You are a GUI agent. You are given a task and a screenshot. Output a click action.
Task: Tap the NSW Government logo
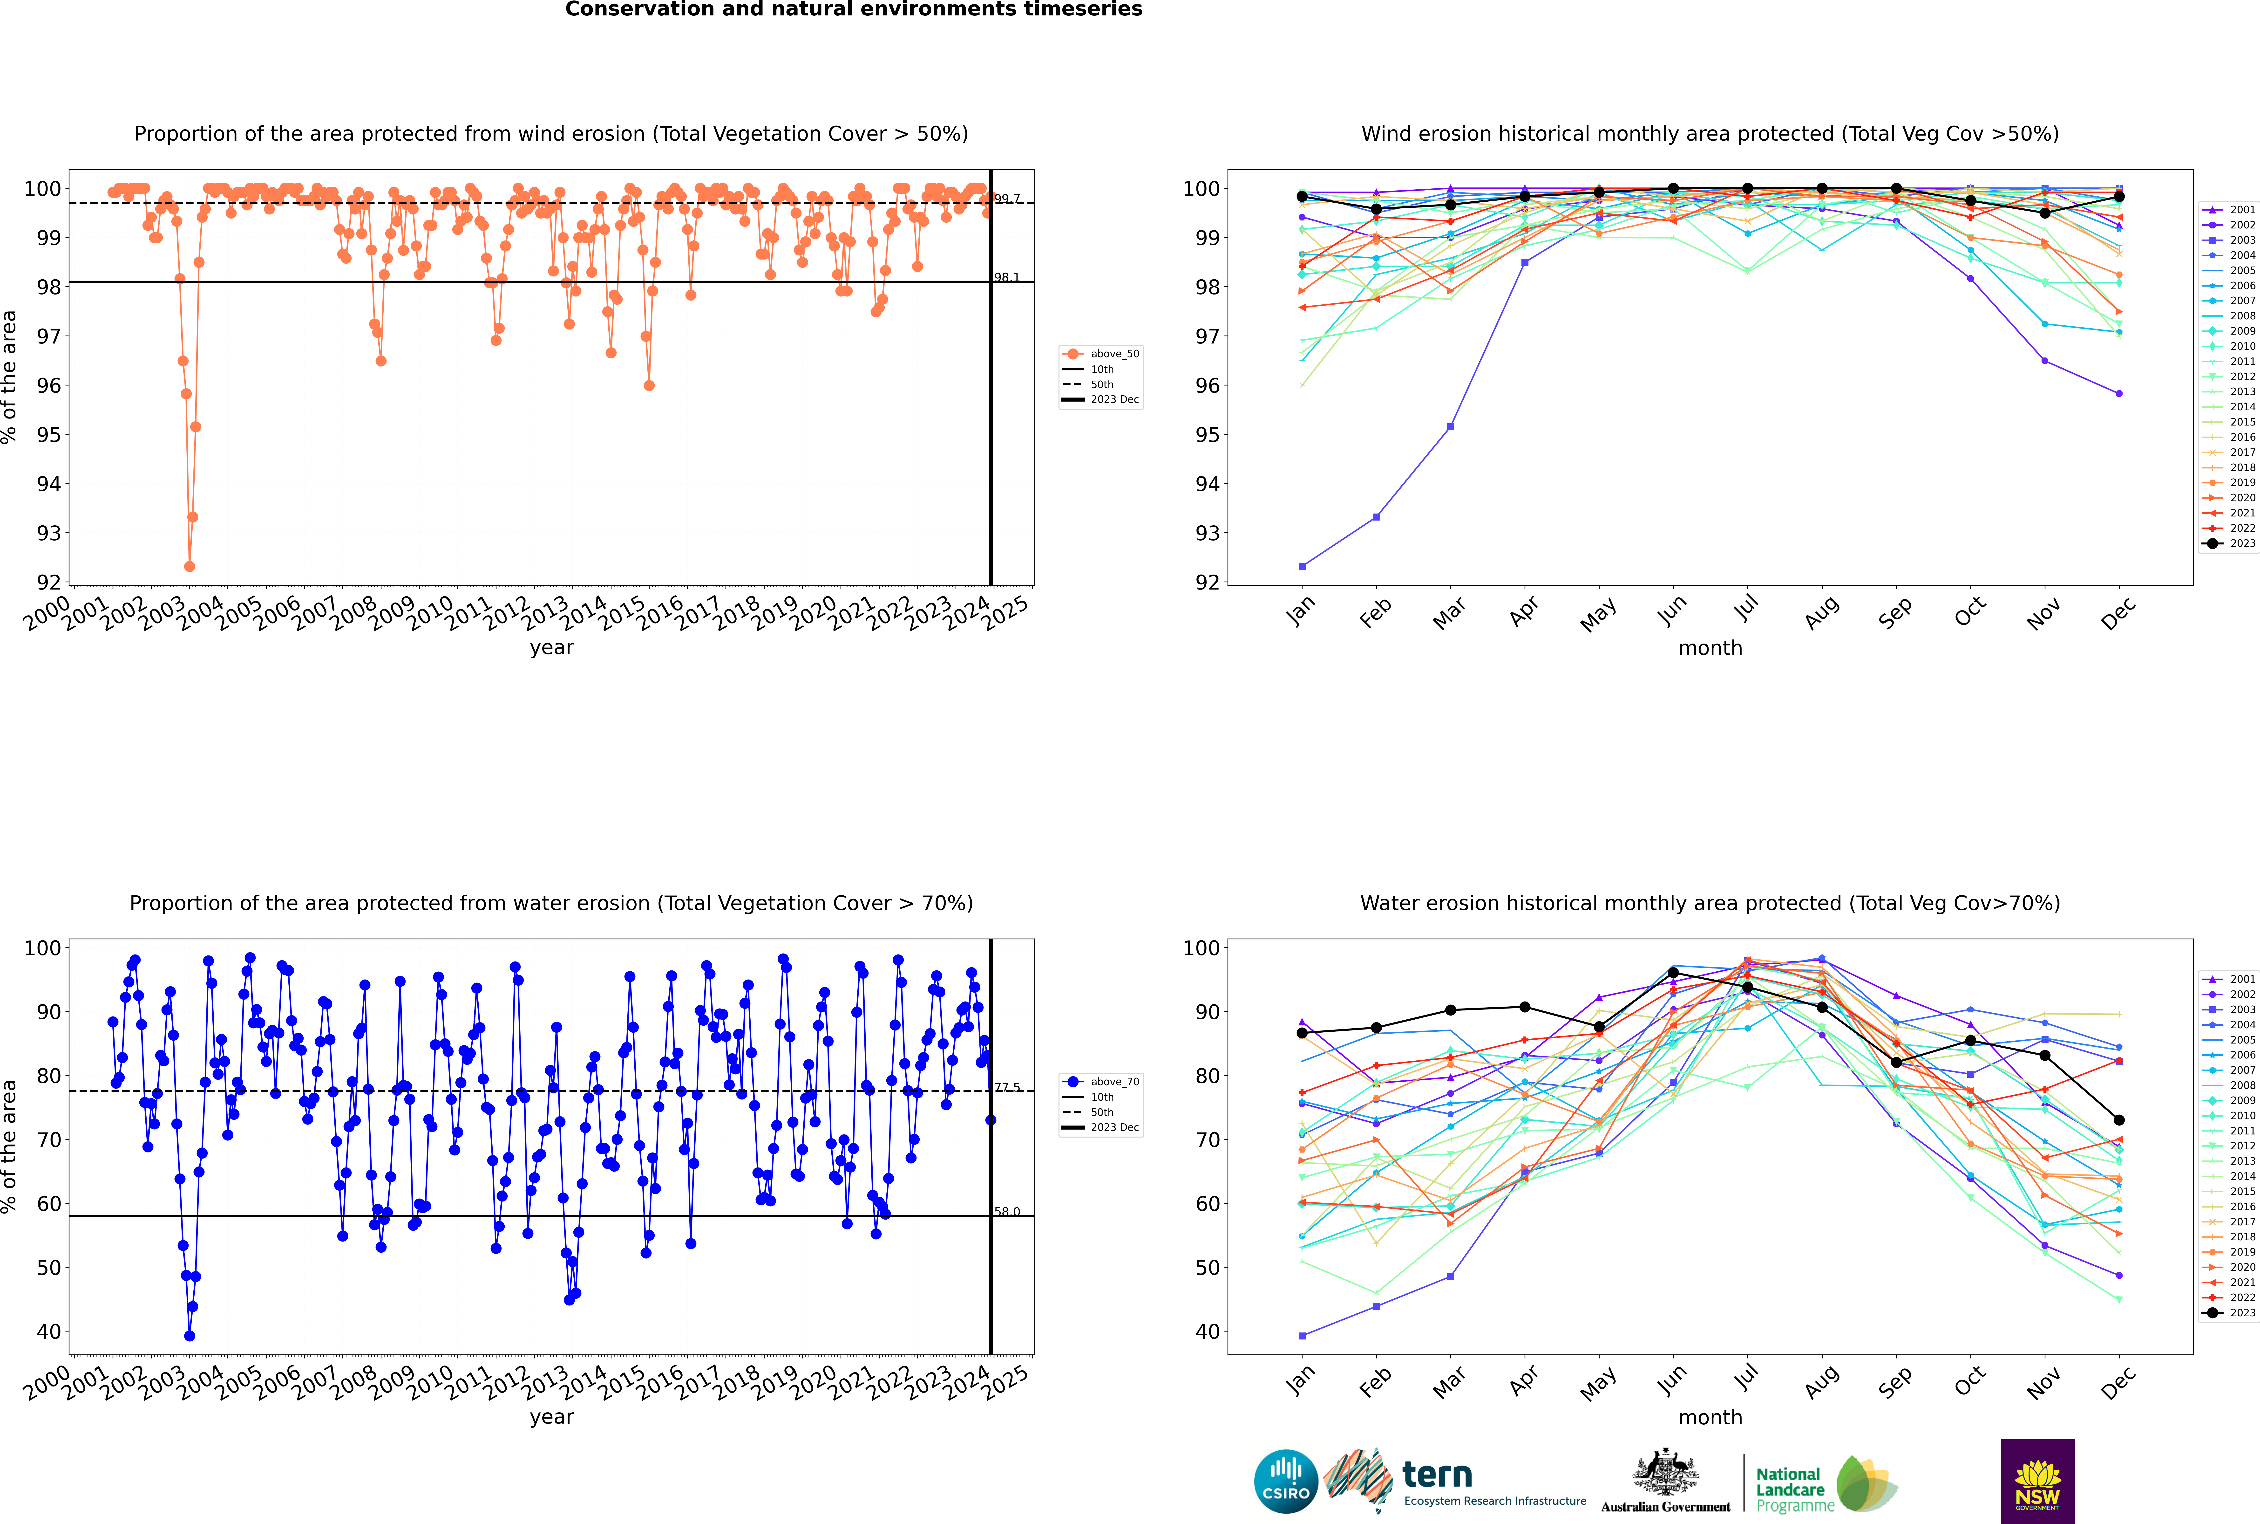[x=2037, y=1481]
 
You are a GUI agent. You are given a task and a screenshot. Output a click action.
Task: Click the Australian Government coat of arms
[x=1665, y=1473]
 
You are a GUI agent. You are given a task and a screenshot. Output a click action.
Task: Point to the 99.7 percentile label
[x=1007, y=199]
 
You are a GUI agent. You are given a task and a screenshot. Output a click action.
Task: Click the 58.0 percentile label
[x=1007, y=1212]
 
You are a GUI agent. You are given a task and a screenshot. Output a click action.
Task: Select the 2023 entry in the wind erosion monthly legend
[x=2230, y=543]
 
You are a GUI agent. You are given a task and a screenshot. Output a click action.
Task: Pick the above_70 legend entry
[x=1101, y=1082]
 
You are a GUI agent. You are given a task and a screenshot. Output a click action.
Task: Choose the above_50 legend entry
[x=1101, y=354]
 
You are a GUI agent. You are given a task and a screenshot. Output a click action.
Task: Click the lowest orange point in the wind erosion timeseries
[x=190, y=567]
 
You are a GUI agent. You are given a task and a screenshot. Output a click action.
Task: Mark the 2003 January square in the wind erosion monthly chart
[x=1302, y=567]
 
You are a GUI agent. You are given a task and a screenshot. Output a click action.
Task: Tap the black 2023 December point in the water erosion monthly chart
[x=2119, y=1121]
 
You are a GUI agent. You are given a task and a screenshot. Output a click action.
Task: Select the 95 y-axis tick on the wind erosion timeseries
[x=48, y=434]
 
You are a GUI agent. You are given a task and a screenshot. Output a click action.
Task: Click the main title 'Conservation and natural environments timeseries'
[x=854, y=10]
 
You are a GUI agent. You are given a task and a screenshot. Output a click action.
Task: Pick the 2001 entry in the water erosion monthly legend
[x=2230, y=979]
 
